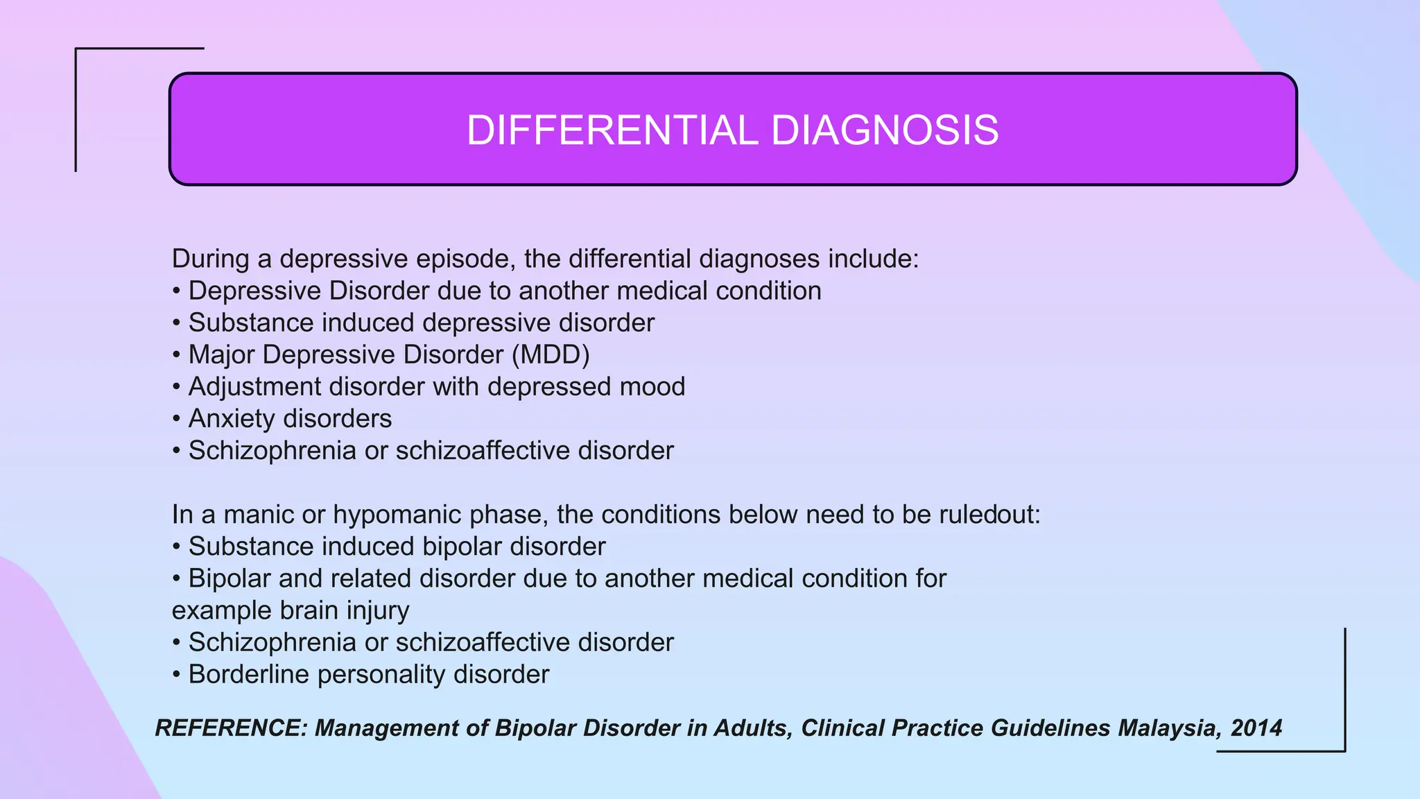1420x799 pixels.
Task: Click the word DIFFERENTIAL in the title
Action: tap(612, 130)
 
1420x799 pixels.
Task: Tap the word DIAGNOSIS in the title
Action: tap(885, 130)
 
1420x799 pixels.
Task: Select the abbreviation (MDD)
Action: tap(551, 354)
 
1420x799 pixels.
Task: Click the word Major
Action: tap(222, 354)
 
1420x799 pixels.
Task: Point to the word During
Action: tap(210, 259)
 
